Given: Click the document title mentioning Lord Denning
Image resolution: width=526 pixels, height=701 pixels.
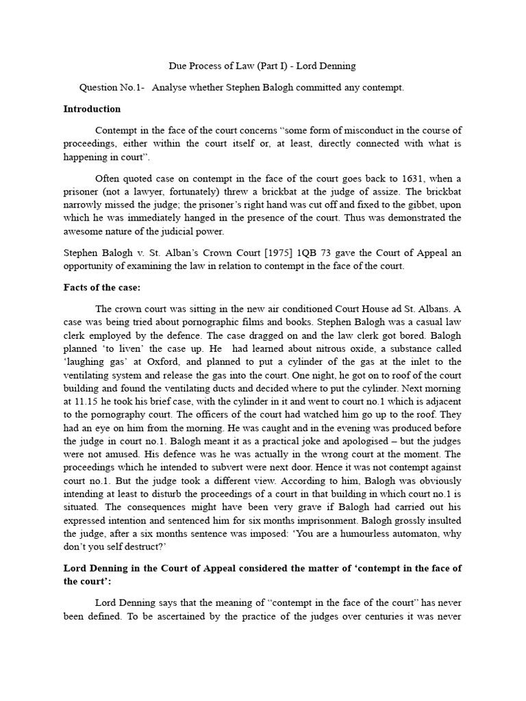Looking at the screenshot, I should pyautogui.click(x=262, y=66).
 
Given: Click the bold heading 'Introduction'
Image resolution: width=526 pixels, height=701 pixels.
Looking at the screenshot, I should pyautogui.click(x=92, y=109).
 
